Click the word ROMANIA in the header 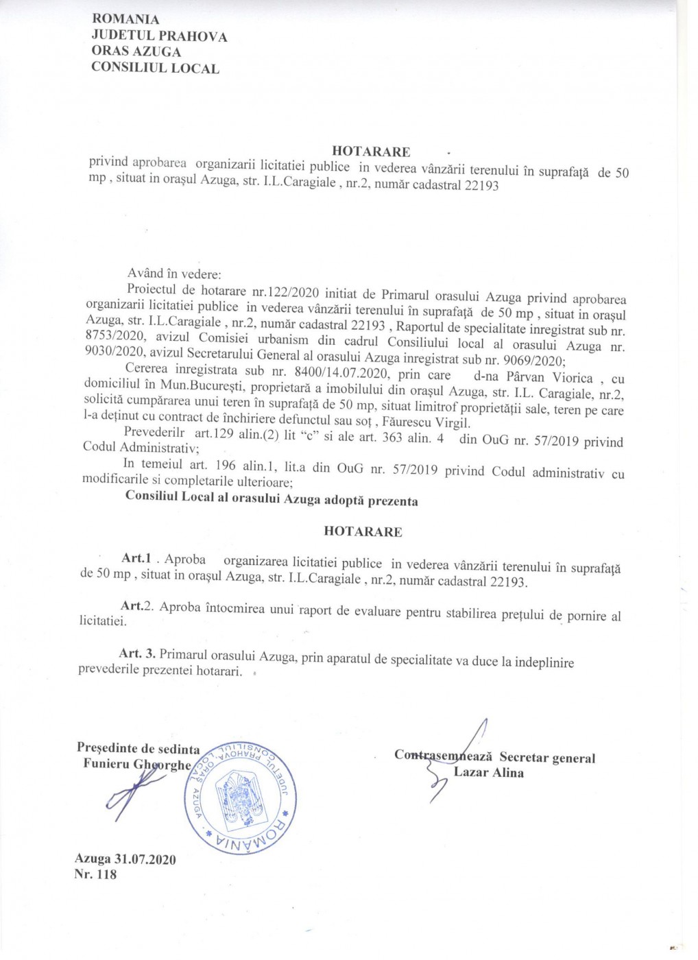point(125,19)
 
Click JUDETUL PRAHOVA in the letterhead point(159,36)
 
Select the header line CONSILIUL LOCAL point(155,68)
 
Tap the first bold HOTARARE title point(371,151)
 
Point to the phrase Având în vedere point(174,274)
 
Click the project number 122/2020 point(282,291)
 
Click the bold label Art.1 point(136,558)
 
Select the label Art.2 point(136,606)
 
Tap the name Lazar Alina point(488,773)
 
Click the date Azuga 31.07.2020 point(125,859)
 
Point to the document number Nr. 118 point(95,874)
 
